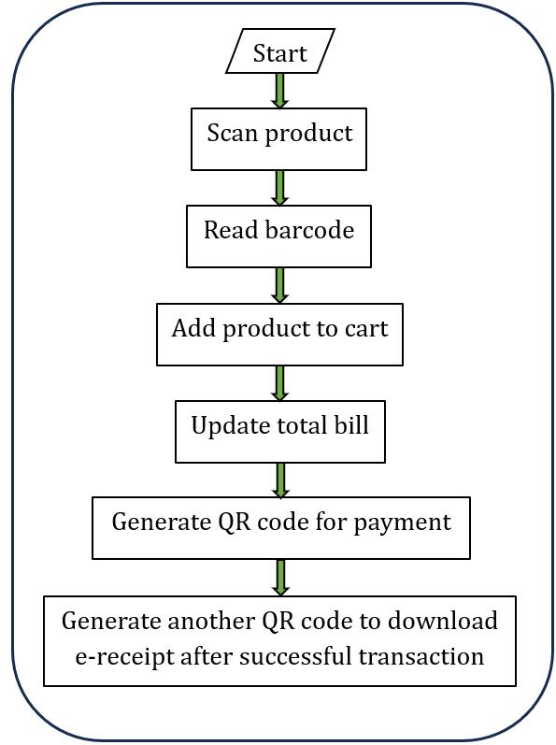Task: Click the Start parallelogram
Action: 280,50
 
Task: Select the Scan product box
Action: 278,139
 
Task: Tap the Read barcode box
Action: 278,236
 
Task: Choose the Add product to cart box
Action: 279,335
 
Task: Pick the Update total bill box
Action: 280,432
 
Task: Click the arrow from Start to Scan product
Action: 280,91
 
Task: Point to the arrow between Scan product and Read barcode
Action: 280,188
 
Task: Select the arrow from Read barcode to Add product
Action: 280,285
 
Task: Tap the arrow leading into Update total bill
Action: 280,383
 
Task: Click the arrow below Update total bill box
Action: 280,480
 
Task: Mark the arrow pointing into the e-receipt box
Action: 280,578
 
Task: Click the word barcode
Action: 309,230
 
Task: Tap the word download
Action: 443,621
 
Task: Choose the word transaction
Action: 421,656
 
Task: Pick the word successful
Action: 296,656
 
